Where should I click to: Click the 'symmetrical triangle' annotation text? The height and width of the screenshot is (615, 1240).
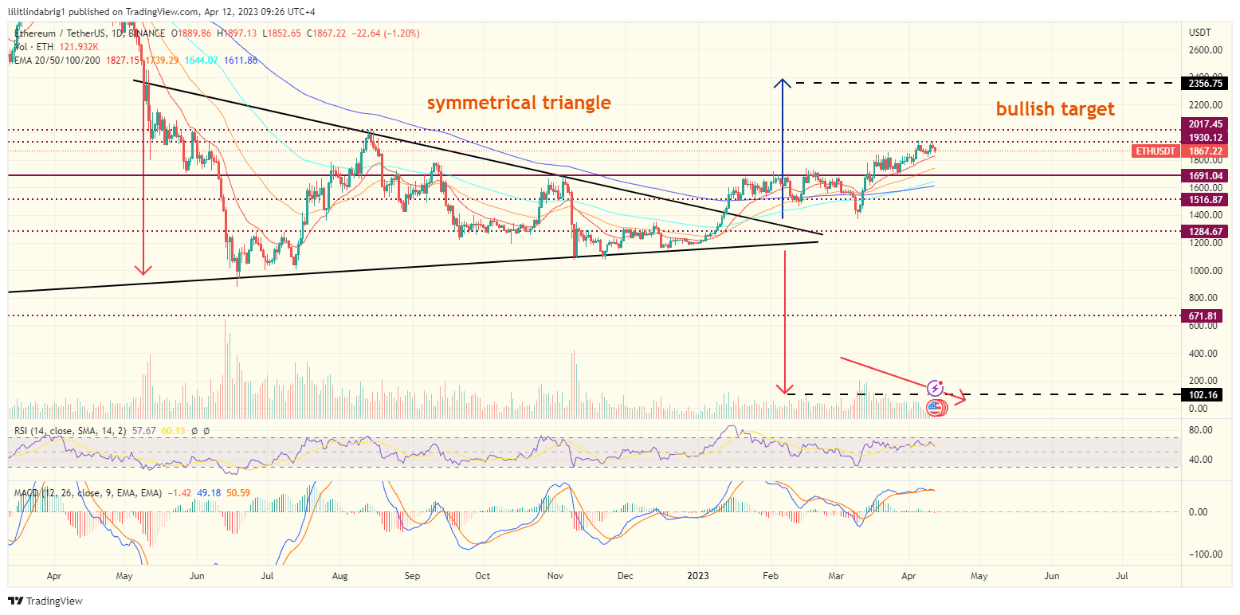pos(519,103)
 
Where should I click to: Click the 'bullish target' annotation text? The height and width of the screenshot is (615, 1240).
pos(1055,109)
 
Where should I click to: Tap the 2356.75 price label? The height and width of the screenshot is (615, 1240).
pos(1206,83)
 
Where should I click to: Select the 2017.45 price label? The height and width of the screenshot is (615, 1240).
pos(1206,124)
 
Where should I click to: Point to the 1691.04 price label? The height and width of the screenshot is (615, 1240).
pos(1206,175)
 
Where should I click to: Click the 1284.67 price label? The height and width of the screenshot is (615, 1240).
pos(1206,232)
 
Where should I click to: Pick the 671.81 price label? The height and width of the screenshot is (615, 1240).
pos(1206,316)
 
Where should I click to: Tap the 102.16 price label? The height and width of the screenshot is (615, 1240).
pos(1206,394)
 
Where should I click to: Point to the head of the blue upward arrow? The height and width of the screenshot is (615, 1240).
pos(783,81)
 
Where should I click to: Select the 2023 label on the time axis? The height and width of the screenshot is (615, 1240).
pos(698,574)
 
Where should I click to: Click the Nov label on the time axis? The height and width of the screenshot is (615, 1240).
pos(556,574)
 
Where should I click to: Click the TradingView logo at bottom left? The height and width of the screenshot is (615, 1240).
pos(45,601)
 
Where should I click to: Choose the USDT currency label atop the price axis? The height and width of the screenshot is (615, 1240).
pos(1199,32)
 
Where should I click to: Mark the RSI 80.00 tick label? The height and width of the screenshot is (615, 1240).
pos(1200,429)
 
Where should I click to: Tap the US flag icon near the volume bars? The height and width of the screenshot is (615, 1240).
pos(936,408)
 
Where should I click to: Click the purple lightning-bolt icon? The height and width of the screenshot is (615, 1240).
pos(935,389)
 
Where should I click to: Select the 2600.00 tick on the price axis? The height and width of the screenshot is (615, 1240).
pos(1205,50)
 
